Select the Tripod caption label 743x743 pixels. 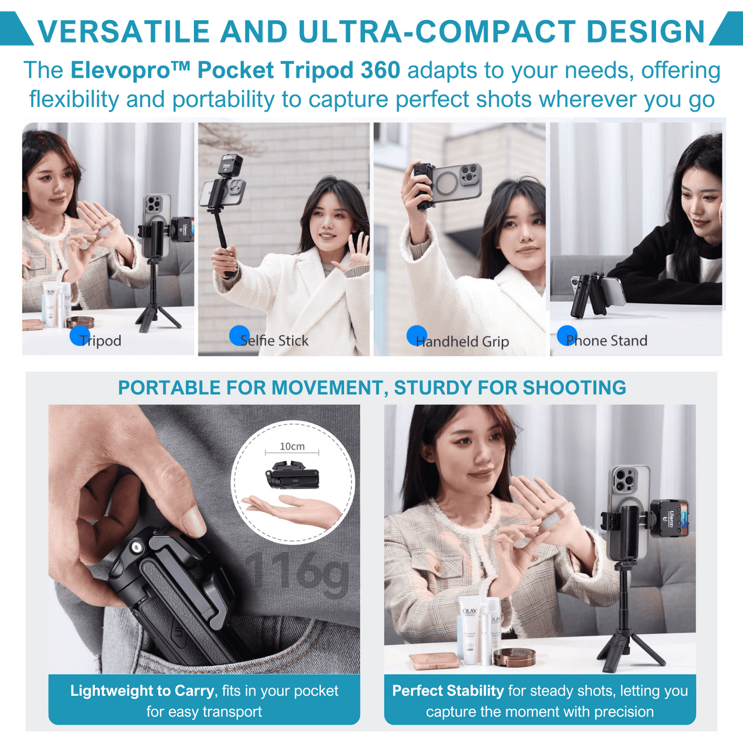pyautogui.click(x=100, y=341)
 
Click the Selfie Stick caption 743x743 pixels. pyautogui.click(x=274, y=340)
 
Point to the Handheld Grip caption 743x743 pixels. pyautogui.click(x=462, y=341)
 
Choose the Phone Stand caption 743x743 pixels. pyautogui.click(x=607, y=340)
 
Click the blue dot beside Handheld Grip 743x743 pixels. pyautogui.click(x=417, y=335)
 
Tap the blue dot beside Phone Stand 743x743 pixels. pyautogui.click(x=567, y=335)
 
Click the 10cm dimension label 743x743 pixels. pyautogui.click(x=292, y=446)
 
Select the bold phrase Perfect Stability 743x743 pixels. pyautogui.click(x=448, y=691)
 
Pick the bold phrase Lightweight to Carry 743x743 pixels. pyautogui.click(x=142, y=691)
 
